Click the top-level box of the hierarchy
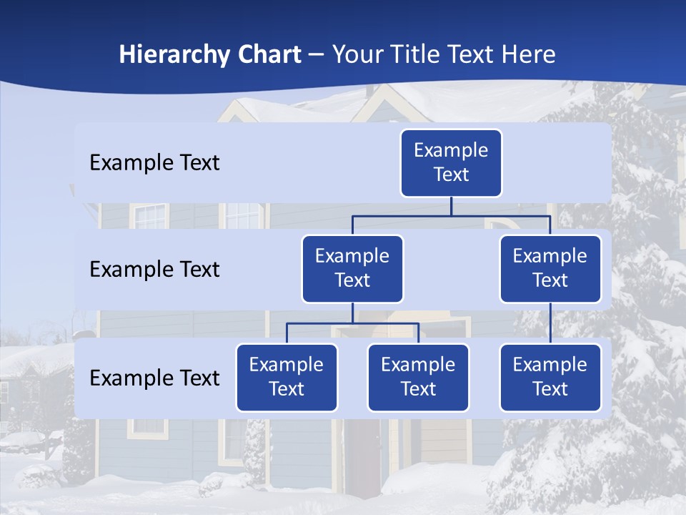(451, 163)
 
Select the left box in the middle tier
(352, 269)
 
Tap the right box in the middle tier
(550, 269)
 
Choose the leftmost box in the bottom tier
(287, 378)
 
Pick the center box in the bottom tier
(418, 378)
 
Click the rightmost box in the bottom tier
(550, 378)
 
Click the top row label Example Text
(154, 163)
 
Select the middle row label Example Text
(154, 270)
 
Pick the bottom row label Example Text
(154, 378)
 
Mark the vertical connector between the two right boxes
(550, 323)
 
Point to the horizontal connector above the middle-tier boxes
(451, 215)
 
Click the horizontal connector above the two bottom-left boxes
(352, 323)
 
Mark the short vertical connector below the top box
(451, 206)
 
